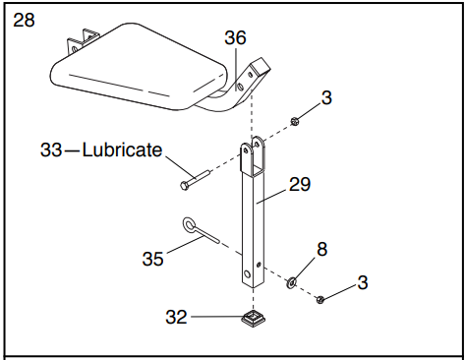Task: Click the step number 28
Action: tap(24, 20)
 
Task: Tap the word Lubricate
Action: tap(123, 150)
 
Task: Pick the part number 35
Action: tap(154, 260)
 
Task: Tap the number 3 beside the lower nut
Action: tap(363, 282)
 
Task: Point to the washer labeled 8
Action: tap(292, 283)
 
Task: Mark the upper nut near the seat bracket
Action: tap(295, 122)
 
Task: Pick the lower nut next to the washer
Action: tap(320, 298)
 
